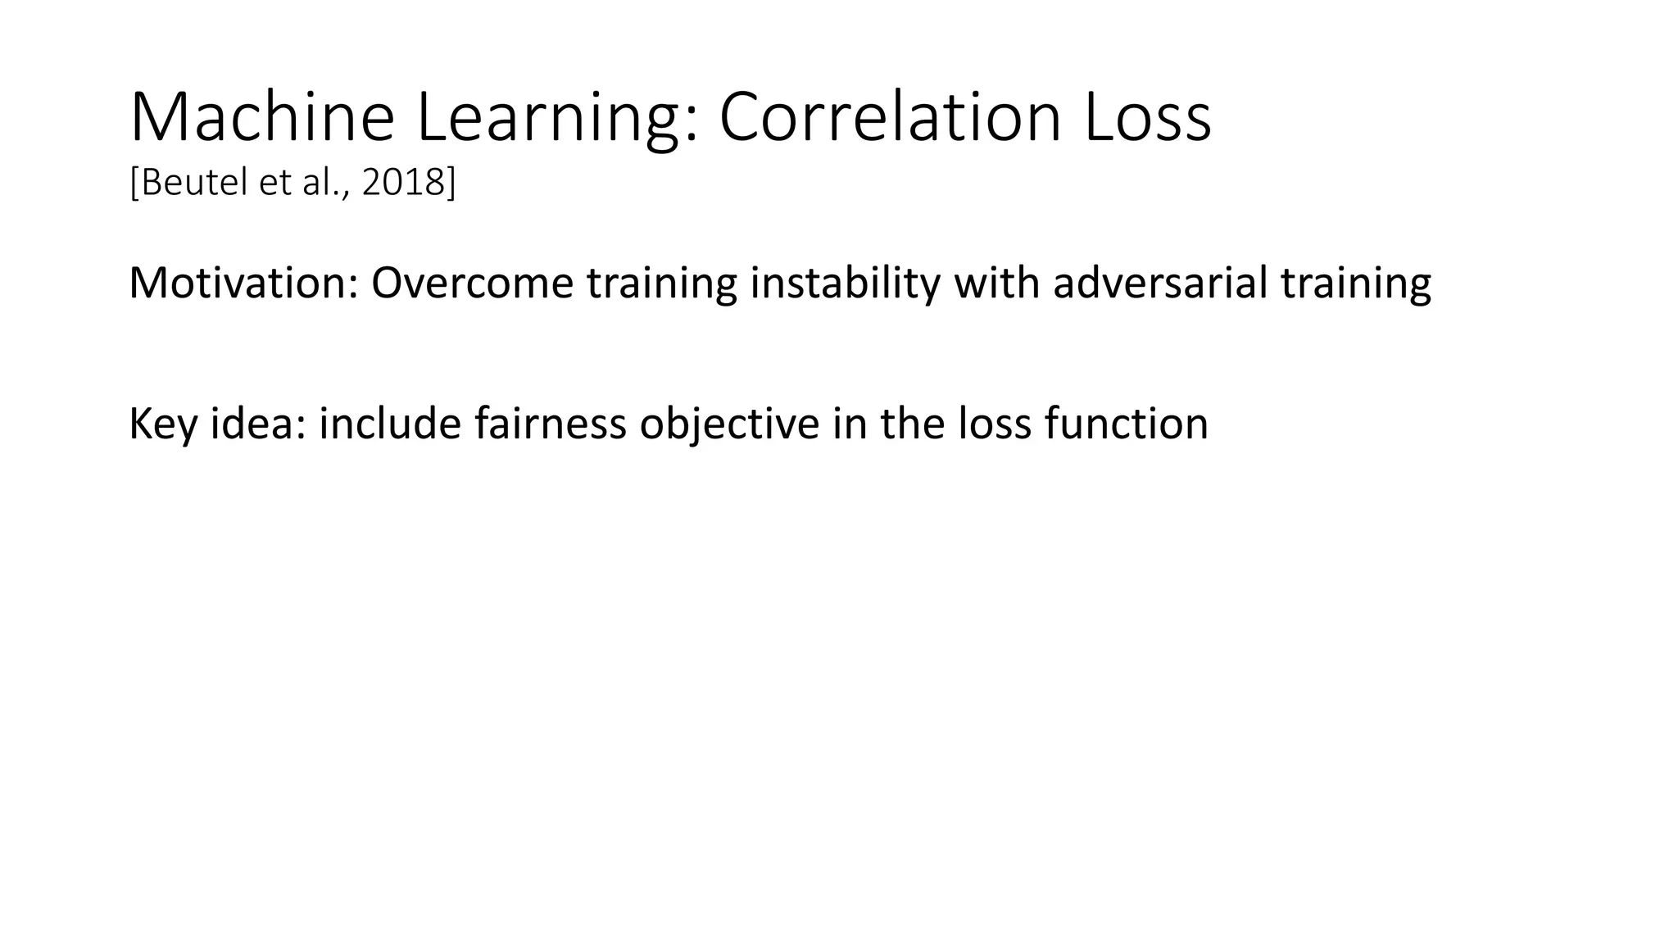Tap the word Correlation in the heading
889,118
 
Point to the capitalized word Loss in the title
1147,118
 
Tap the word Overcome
472,283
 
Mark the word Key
163,424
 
